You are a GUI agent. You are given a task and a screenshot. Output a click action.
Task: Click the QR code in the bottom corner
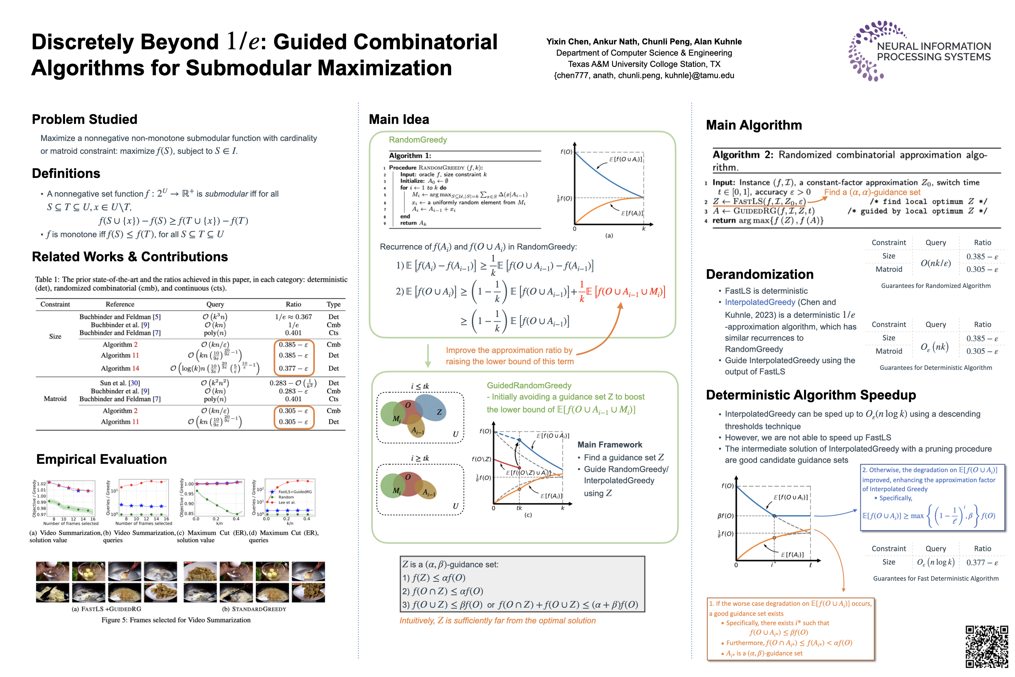(x=986, y=646)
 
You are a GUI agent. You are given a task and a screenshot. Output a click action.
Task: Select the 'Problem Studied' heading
(x=85, y=119)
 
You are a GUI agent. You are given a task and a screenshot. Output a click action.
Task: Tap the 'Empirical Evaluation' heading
(x=101, y=459)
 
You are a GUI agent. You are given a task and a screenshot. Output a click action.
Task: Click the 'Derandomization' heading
(x=760, y=274)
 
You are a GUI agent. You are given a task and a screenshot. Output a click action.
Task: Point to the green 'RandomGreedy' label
(x=418, y=140)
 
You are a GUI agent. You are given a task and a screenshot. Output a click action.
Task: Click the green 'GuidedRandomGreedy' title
(x=529, y=385)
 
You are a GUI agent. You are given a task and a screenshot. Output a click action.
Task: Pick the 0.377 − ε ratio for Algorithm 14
(x=293, y=368)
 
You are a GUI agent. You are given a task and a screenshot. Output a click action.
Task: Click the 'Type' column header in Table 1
(x=333, y=304)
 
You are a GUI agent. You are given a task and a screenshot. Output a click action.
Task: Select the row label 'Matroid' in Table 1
(x=55, y=398)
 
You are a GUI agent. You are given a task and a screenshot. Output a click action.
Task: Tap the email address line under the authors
(x=644, y=76)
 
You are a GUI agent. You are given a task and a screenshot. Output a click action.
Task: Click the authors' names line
(x=644, y=42)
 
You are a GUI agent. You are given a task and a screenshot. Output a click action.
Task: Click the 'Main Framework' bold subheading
(x=609, y=445)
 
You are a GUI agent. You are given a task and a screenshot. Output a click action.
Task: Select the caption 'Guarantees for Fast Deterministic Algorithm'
(x=936, y=579)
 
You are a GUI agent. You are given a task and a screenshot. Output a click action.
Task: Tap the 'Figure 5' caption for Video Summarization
(x=176, y=620)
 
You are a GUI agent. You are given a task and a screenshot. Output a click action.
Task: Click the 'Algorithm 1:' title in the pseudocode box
(x=410, y=156)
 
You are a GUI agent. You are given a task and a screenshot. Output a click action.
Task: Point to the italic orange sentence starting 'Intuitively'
(x=497, y=621)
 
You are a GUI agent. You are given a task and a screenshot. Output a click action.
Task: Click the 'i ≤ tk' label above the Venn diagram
(x=419, y=386)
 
